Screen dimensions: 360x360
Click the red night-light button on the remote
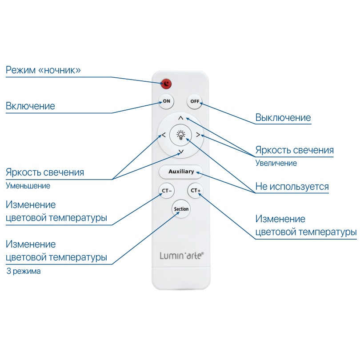[166, 84]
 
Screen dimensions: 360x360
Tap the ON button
[166, 101]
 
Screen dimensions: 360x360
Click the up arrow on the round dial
[180, 118]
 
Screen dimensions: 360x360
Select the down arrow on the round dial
[181, 152]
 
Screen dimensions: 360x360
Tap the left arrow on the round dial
[164, 135]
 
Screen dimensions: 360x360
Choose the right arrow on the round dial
[198, 135]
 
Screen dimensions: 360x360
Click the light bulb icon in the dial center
[181, 135]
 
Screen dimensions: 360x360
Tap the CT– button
[167, 191]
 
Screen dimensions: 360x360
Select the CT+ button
[196, 191]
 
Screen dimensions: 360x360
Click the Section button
[181, 208]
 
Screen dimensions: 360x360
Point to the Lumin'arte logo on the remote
[181, 256]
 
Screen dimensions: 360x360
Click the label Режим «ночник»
[43, 70]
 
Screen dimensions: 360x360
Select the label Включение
[30, 106]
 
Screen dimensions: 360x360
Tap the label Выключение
[283, 118]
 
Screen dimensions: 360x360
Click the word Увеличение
[276, 163]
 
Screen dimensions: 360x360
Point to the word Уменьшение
[28, 186]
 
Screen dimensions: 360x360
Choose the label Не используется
[292, 187]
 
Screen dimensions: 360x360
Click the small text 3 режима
[24, 271]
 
